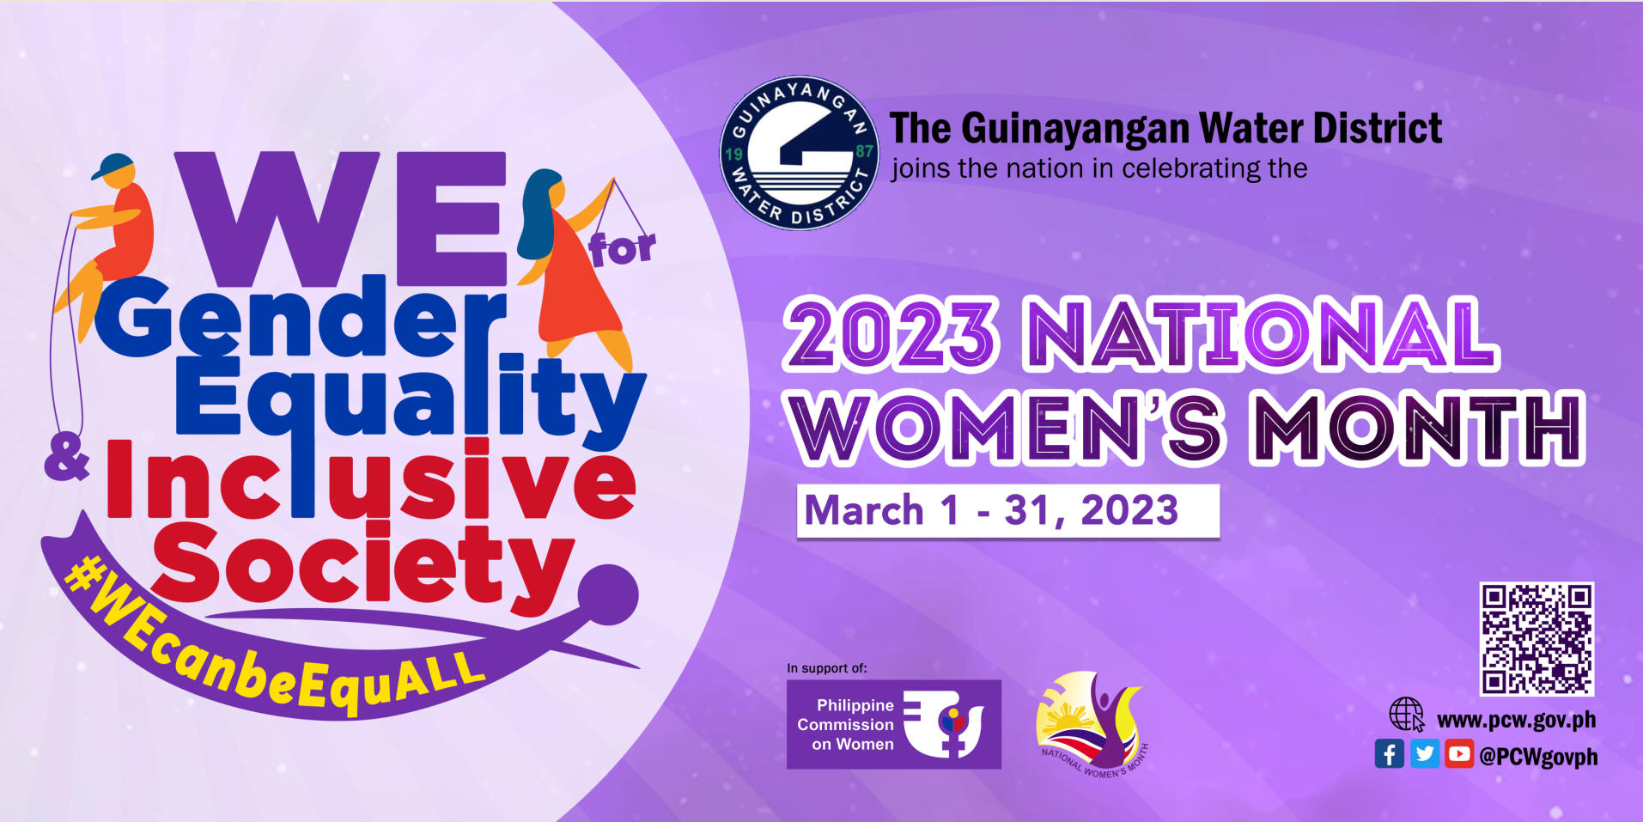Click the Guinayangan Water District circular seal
coord(800,153)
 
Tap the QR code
coord(1537,638)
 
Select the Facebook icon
coord(1389,754)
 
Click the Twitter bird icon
coord(1424,754)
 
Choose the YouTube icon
coord(1458,754)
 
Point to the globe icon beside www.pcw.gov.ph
coord(1407,715)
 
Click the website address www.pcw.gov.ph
coord(1516,720)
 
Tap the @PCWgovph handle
coord(1537,757)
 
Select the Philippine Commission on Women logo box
coord(893,724)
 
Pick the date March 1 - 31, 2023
coord(991,511)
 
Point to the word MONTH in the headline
coord(1421,427)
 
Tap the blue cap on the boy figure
coord(113,166)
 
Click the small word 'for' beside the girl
coord(622,248)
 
